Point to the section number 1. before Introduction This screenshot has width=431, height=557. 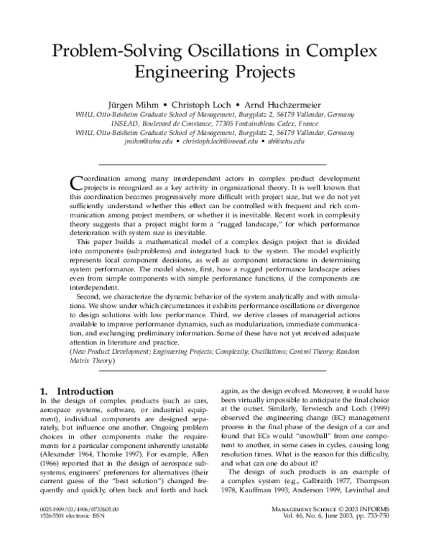[45, 390]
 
